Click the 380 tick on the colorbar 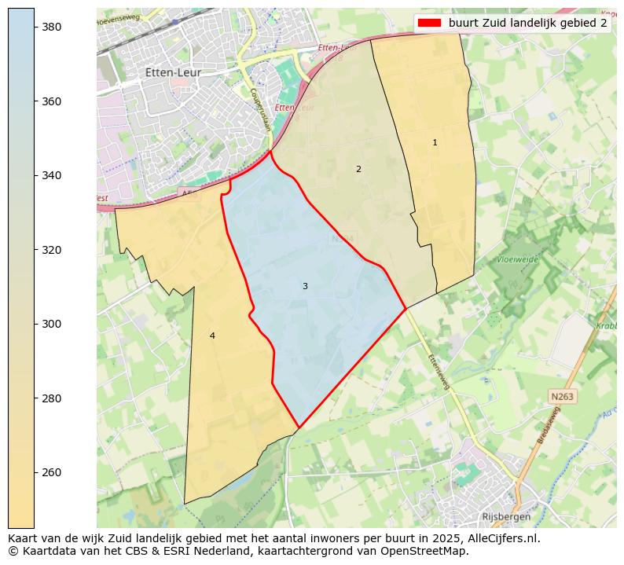click(x=52, y=27)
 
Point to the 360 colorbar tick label click(x=52, y=101)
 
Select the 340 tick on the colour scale click(x=52, y=175)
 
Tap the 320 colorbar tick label click(x=52, y=250)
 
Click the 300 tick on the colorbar click(x=52, y=324)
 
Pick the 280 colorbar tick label click(x=52, y=398)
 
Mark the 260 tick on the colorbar click(x=52, y=472)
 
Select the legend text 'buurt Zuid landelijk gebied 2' click(x=527, y=23)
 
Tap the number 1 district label click(x=435, y=142)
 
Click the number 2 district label click(x=358, y=169)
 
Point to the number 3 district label click(x=305, y=286)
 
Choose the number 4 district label click(x=212, y=336)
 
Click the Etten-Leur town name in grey click(x=173, y=72)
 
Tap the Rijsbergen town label click(x=506, y=516)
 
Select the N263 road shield click(x=562, y=397)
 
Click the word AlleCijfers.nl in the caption click(x=501, y=538)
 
